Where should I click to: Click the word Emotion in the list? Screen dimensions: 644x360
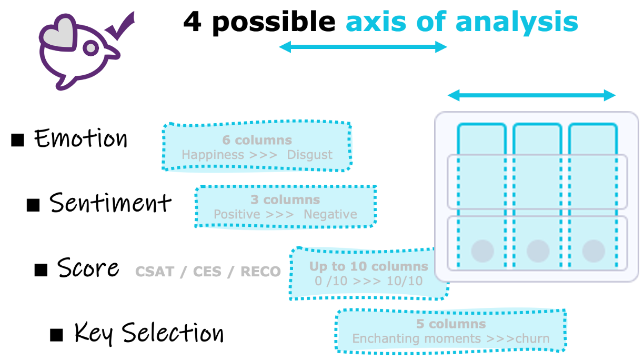(x=81, y=138)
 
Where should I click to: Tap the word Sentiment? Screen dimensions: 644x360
(x=110, y=203)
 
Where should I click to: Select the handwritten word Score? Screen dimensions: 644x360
(x=88, y=267)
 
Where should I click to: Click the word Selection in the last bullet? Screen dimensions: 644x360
(x=173, y=333)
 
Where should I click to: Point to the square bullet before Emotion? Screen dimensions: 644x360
(x=17, y=140)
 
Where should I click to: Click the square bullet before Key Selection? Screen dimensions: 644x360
(x=56, y=335)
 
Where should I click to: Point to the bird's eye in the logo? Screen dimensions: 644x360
(x=91, y=48)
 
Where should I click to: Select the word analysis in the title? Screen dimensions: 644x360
(x=517, y=23)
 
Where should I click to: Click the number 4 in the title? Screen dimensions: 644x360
(x=192, y=22)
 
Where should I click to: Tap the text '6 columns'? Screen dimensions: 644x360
(x=257, y=141)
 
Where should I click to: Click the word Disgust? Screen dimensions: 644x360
(x=310, y=155)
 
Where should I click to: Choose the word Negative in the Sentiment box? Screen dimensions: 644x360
(x=330, y=214)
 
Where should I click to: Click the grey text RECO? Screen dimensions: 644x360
(x=260, y=272)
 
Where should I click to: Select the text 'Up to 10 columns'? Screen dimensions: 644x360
(x=369, y=266)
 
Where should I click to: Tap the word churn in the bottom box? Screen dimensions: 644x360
(x=532, y=339)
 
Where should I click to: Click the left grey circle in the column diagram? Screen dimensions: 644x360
(x=482, y=251)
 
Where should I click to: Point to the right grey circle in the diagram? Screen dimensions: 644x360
(x=593, y=251)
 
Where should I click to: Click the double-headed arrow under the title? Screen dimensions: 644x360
(x=363, y=47)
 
